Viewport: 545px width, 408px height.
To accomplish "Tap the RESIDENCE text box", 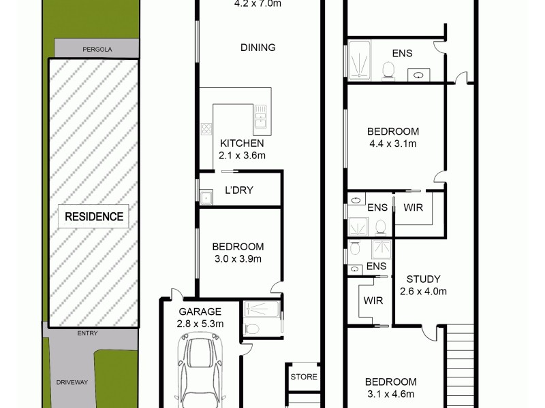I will pos(94,217).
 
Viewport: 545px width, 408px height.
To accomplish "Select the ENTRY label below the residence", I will pos(87,333).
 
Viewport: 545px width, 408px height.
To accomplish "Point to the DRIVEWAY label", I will pos(72,383).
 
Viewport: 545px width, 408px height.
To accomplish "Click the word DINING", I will pos(258,48).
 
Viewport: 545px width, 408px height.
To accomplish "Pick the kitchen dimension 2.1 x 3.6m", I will pos(242,156).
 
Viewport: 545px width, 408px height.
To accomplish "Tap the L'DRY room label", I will pos(238,190).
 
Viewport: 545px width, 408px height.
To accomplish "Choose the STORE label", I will pos(304,376).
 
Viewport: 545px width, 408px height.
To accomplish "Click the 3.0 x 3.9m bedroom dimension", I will pos(237,258).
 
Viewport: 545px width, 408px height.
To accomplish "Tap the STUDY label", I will pos(423,279).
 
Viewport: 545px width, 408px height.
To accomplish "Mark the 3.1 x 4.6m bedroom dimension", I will pos(390,394).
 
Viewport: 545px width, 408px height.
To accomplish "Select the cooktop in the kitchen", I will pos(206,129).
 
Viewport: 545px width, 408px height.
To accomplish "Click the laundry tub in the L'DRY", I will pos(206,197).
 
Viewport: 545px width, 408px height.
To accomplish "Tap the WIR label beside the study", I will pos(373,300).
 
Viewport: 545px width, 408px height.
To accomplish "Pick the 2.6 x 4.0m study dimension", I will pos(423,292).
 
